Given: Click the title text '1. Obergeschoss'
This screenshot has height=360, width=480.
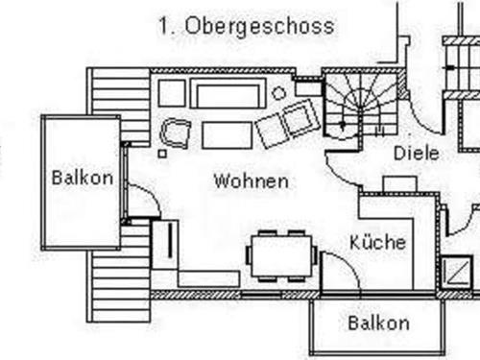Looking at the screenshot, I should coord(247,26).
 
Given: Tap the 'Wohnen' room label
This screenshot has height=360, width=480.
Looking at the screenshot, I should coord(252,180).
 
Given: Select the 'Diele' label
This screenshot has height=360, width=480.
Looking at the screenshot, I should coord(416,153).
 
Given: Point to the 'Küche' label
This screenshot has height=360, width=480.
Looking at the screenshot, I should coord(377,242).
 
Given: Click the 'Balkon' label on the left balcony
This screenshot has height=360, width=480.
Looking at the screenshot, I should coord(83,178).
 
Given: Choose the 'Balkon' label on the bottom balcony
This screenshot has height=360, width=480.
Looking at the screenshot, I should coord(378,322).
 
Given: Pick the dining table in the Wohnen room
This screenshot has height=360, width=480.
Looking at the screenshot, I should coord(280,255).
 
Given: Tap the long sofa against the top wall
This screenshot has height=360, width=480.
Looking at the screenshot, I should coord(228,94).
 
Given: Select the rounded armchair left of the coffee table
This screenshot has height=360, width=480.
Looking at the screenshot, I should coord(176,132).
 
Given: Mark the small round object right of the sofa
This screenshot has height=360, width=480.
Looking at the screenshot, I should coord(278,93).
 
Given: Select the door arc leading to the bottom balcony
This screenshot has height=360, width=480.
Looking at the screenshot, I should coord(341,271).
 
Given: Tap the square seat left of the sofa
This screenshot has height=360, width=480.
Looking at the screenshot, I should coord(172,93).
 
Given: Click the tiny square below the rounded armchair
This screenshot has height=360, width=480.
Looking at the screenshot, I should coord(163,154).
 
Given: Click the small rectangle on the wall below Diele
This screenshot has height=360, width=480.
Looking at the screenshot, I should coord(398,183).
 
